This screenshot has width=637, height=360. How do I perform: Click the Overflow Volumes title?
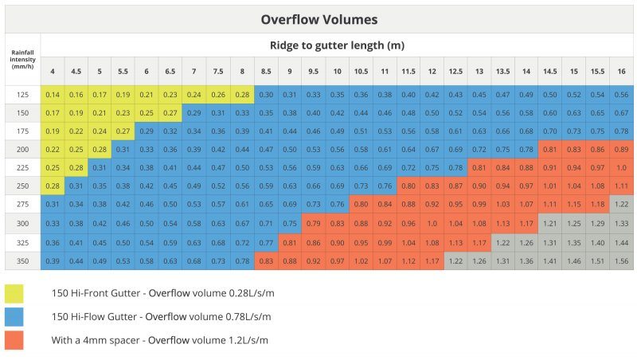(318, 18)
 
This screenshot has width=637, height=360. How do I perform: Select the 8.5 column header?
(266, 71)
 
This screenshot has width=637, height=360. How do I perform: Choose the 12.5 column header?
(455, 71)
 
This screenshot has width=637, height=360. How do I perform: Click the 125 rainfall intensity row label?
(22, 95)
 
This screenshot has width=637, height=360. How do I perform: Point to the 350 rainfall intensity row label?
(22, 261)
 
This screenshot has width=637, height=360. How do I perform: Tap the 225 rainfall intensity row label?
(22, 168)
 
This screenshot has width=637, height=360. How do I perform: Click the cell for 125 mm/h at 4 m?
(53, 95)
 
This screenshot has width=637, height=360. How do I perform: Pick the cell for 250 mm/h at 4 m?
(53, 186)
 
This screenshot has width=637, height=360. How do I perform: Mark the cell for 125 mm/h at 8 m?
(242, 95)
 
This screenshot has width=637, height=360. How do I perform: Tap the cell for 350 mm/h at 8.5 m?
(266, 261)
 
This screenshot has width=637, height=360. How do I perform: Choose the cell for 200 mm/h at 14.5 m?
(549, 150)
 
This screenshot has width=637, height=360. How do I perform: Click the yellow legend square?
(14, 294)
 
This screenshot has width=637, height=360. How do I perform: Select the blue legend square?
(14, 317)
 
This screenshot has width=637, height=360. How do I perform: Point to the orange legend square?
(14, 340)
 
